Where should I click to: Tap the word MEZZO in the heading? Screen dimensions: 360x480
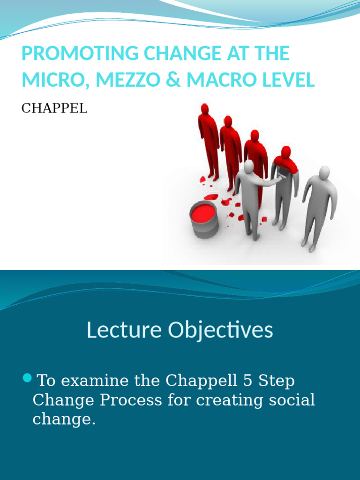point(128,80)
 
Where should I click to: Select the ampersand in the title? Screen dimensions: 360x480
point(173,80)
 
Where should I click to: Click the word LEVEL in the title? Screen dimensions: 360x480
point(288,80)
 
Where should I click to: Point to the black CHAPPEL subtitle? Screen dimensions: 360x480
point(54,108)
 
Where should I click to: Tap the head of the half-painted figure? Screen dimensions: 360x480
point(286,152)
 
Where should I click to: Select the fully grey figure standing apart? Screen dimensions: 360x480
point(320,209)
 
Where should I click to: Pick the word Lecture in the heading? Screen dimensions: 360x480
point(124,330)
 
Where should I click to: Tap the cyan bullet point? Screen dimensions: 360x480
point(27,378)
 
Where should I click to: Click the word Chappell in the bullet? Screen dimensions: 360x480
point(202,381)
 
